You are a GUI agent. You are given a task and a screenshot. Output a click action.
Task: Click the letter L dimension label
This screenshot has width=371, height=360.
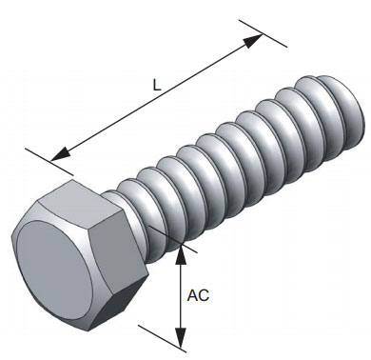(157, 85)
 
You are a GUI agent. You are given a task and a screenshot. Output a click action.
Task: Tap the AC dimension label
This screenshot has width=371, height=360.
(198, 295)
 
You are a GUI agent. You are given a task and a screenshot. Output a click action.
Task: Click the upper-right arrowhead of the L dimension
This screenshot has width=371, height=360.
(253, 41)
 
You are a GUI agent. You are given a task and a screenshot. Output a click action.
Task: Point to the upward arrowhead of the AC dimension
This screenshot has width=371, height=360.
(181, 254)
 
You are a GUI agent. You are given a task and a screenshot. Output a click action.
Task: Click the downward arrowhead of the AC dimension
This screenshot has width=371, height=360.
(181, 338)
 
